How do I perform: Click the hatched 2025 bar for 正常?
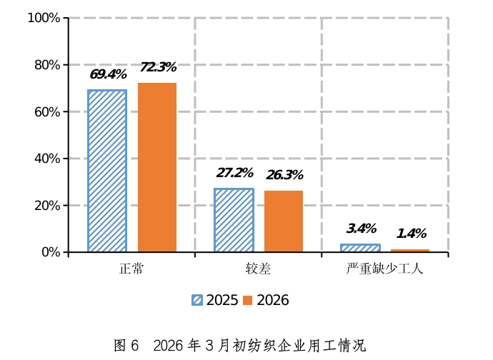coord(107,171)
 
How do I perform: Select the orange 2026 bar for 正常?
coord(157,167)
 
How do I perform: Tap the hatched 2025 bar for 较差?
coord(234,220)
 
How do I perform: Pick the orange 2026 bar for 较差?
coord(284,221)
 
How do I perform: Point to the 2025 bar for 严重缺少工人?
coord(360,248)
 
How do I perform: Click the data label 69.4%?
coord(108,74)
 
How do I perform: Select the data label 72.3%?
coord(158,67)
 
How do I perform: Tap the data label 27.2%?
coord(234,173)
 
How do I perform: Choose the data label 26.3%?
coord(284,175)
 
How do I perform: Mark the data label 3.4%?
coord(361,229)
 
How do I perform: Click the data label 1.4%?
coord(411,234)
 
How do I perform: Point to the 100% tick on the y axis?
coord(44,18)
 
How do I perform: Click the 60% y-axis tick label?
coord(46,112)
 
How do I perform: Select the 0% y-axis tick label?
coord(51,252)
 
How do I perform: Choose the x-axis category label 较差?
coord(258,269)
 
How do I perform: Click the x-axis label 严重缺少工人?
coord(385,269)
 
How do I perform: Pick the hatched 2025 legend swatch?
coord(197,301)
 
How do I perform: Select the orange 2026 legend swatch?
coord(248,301)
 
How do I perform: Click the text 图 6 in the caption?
coord(126,346)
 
